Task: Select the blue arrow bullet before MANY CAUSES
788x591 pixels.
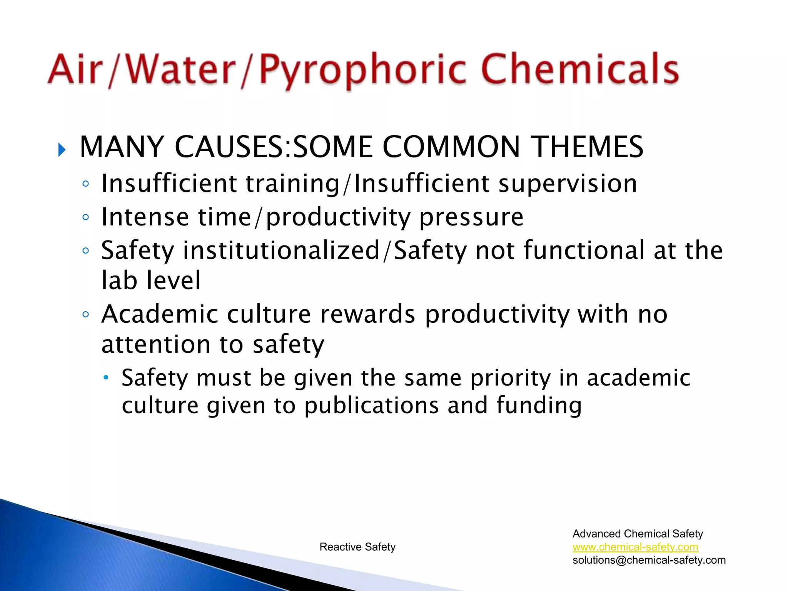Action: tap(62, 149)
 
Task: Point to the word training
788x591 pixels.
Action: tap(293, 184)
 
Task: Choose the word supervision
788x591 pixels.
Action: tap(568, 184)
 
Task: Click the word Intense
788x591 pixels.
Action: tap(145, 217)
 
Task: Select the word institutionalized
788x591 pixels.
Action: tap(282, 250)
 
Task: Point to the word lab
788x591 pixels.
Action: tap(119, 280)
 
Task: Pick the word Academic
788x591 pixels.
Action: tap(160, 314)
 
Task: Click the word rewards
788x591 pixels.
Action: tap(368, 314)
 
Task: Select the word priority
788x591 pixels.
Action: tap(511, 378)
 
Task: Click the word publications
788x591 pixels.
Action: tap(371, 406)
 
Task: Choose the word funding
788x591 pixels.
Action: tap(539, 406)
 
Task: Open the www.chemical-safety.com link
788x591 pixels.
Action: tap(635, 547)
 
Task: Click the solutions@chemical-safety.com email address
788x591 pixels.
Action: tap(649, 560)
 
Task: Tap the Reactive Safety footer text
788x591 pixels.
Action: tap(357, 547)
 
